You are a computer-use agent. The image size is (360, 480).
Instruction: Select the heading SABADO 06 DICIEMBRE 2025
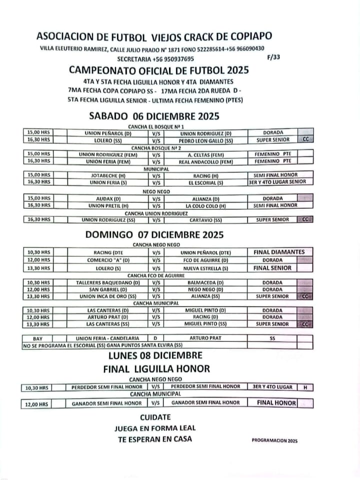pos(154,117)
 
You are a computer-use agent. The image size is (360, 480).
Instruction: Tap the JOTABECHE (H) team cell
pos(108,176)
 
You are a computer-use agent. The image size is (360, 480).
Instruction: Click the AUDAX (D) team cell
pos(108,198)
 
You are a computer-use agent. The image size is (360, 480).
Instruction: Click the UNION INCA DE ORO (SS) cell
pos(107,296)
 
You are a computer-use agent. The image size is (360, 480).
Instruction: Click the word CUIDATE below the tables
pos(155,417)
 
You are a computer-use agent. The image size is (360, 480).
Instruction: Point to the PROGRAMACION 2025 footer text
pos(274,441)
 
